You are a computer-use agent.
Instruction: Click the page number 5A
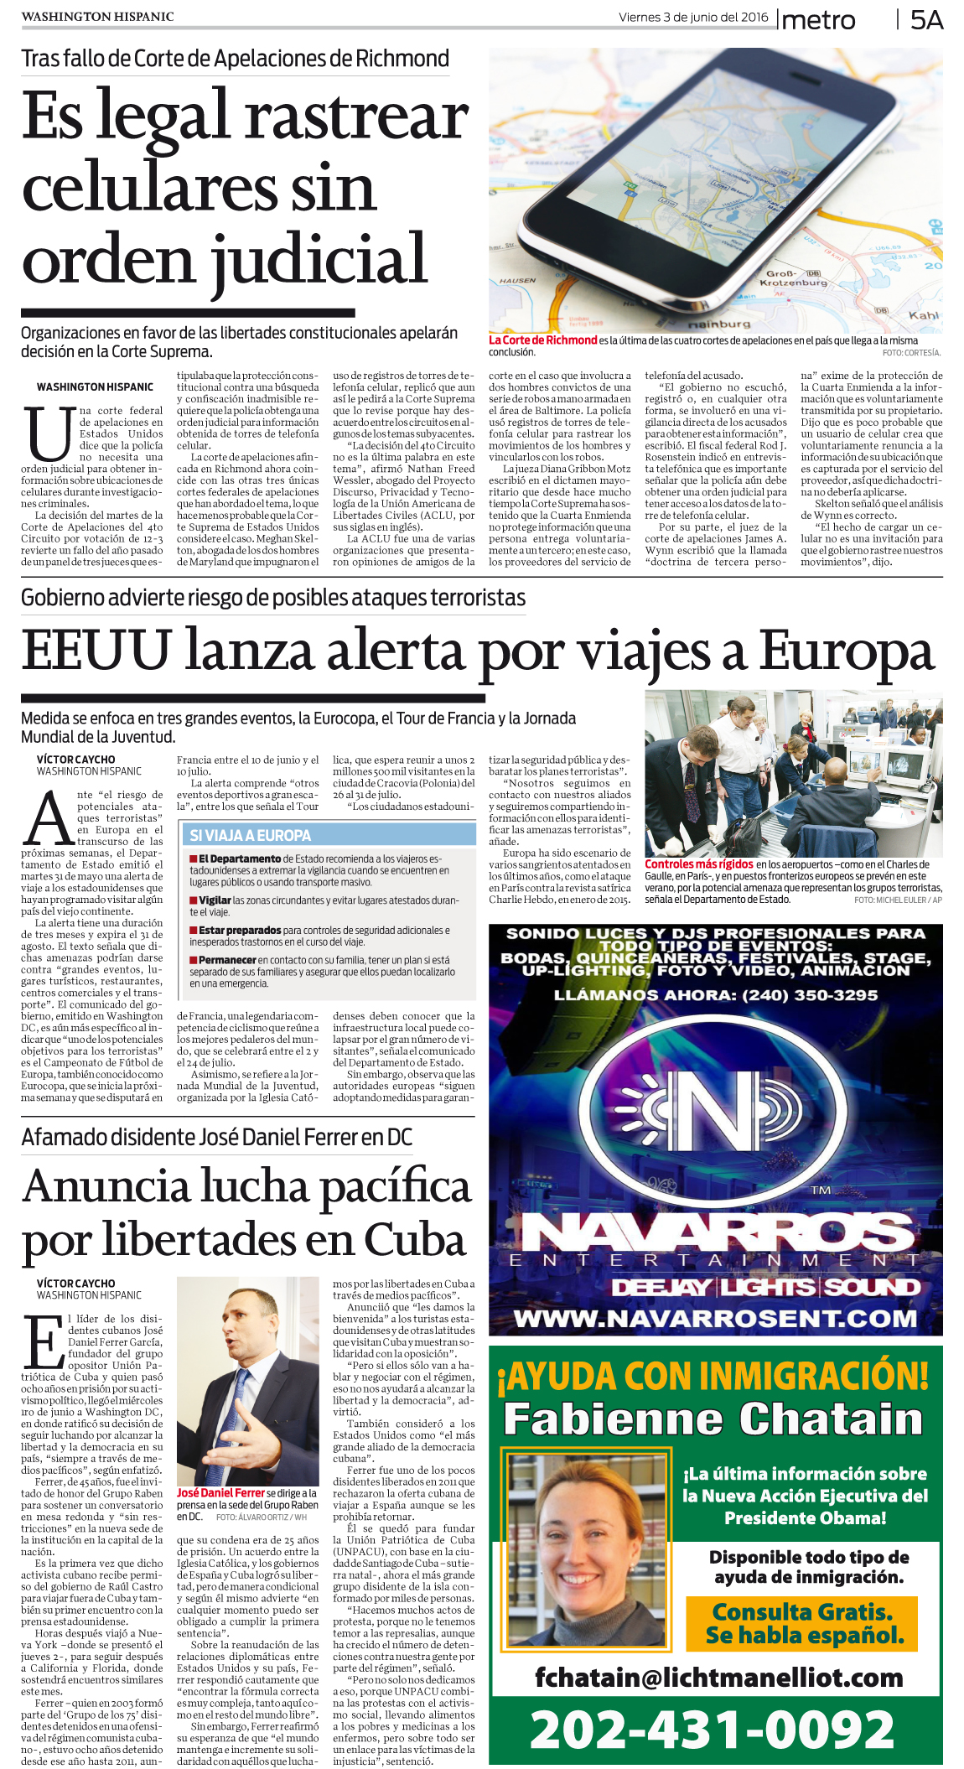[x=926, y=20]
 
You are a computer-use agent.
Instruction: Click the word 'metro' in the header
[x=817, y=21]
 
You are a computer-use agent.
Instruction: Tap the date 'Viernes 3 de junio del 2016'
[x=693, y=17]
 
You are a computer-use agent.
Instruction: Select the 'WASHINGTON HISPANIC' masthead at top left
[x=97, y=17]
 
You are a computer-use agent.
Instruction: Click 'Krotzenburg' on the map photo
[x=793, y=283]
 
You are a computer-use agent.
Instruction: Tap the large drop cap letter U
[x=48, y=434]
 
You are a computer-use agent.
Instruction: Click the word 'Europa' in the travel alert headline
[x=847, y=651]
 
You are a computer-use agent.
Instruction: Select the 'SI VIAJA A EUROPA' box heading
[x=250, y=835]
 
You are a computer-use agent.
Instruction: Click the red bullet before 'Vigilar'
[x=194, y=900]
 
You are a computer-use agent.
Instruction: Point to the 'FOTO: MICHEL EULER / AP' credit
[x=898, y=900]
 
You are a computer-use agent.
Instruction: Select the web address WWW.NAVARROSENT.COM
[x=715, y=1319]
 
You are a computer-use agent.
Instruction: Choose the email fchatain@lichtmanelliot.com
[x=718, y=1677]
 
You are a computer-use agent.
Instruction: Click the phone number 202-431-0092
[x=713, y=1730]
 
